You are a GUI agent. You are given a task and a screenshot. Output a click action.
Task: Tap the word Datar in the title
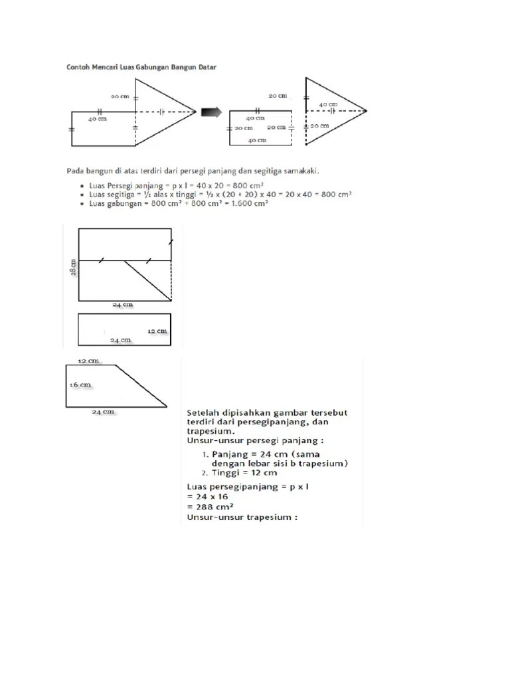(x=205, y=67)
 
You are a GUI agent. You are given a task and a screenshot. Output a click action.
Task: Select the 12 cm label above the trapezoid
(x=88, y=361)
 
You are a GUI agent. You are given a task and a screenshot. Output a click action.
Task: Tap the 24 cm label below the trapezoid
(x=103, y=412)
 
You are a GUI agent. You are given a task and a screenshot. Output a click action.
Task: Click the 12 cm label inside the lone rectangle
(x=157, y=330)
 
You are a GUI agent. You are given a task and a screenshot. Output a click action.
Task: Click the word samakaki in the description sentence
(x=300, y=170)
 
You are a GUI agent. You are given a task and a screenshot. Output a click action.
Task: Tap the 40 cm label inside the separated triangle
(x=327, y=104)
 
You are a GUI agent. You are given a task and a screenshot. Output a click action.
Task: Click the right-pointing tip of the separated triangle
(x=365, y=110)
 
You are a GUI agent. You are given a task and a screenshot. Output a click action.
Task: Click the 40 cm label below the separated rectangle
(x=257, y=140)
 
